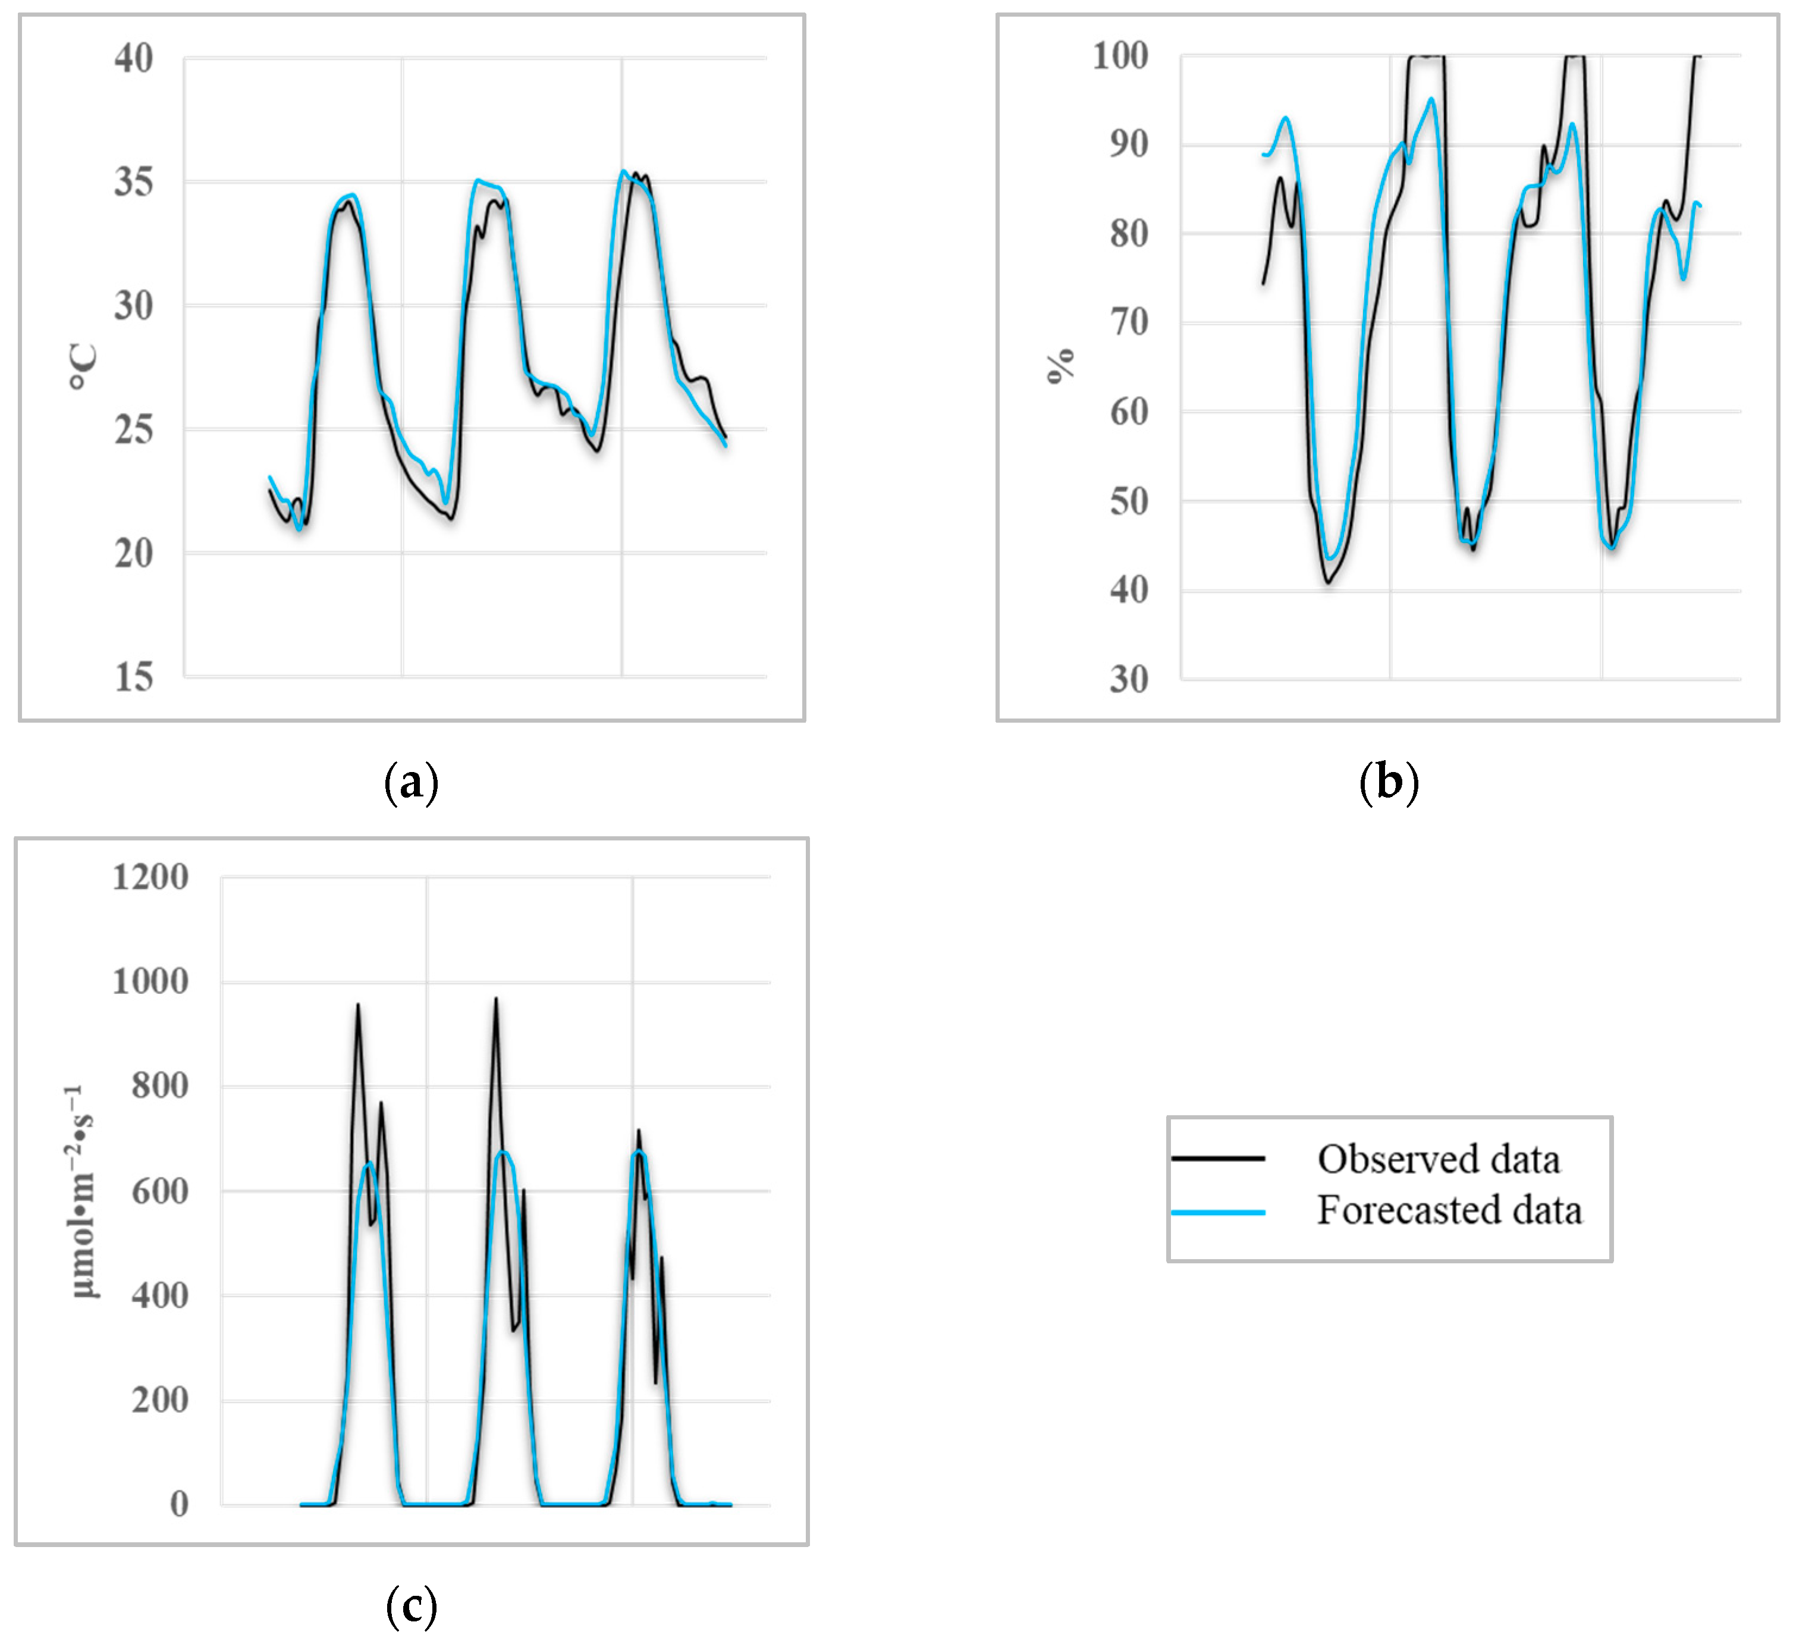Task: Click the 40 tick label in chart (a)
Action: pyautogui.click(x=133, y=59)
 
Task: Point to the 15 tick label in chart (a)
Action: pyautogui.click(x=133, y=678)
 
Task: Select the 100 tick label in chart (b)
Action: pyautogui.click(x=1120, y=56)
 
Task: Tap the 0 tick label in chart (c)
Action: pyautogui.click(x=179, y=1504)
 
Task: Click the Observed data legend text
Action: pyautogui.click(x=1438, y=1159)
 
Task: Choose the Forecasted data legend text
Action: pyautogui.click(x=1449, y=1210)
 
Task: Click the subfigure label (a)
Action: pyautogui.click(x=411, y=782)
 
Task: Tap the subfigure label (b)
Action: pyautogui.click(x=1389, y=782)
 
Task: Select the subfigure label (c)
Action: pyautogui.click(x=411, y=1605)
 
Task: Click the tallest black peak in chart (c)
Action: pyautogui.click(x=495, y=999)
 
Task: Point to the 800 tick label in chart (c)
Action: pyautogui.click(x=160, y=1086)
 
